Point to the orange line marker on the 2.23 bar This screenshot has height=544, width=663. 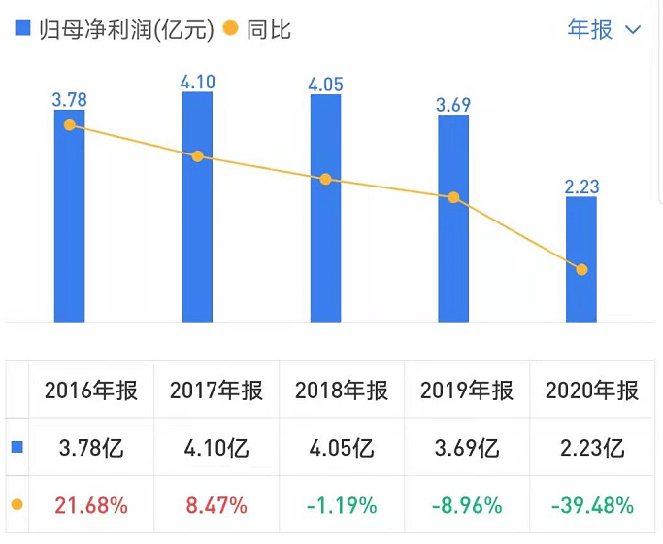[x=581, y=269]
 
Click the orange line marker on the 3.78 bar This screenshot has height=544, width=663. [x=69, y=124]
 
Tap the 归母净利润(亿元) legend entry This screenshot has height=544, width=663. [x=114, y=30]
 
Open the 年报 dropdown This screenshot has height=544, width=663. [x=603, y=30]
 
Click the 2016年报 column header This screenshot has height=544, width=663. [x=91, y=391]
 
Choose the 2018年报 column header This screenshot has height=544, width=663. [x=342, y=391]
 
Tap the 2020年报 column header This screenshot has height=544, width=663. [x=592, y=391]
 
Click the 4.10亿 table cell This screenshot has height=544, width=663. [x=216, y=448]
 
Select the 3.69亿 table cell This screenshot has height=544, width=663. [x=467, y=448]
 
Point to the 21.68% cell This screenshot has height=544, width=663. [x=91, y=505]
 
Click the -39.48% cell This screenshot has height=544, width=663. [x=592, y=505]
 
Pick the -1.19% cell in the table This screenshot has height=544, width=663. [x=342, y=505]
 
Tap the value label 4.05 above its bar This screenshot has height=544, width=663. [x=325, y=83]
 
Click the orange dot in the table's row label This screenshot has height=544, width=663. [x=17, y=505]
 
